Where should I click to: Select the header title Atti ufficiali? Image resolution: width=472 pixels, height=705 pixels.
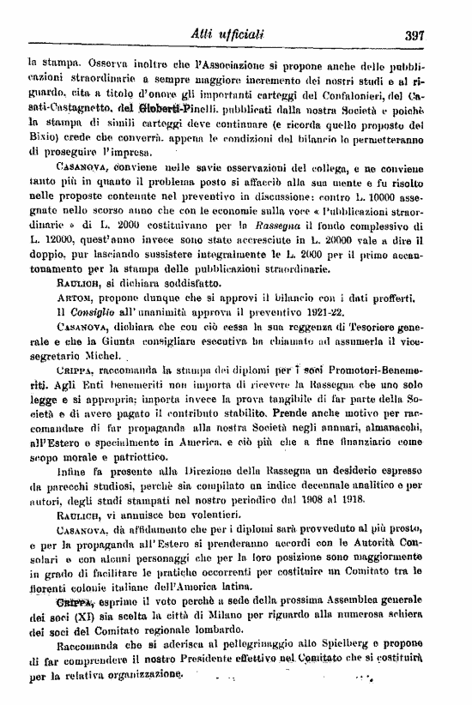pyautogui.click(x=229, y=34)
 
